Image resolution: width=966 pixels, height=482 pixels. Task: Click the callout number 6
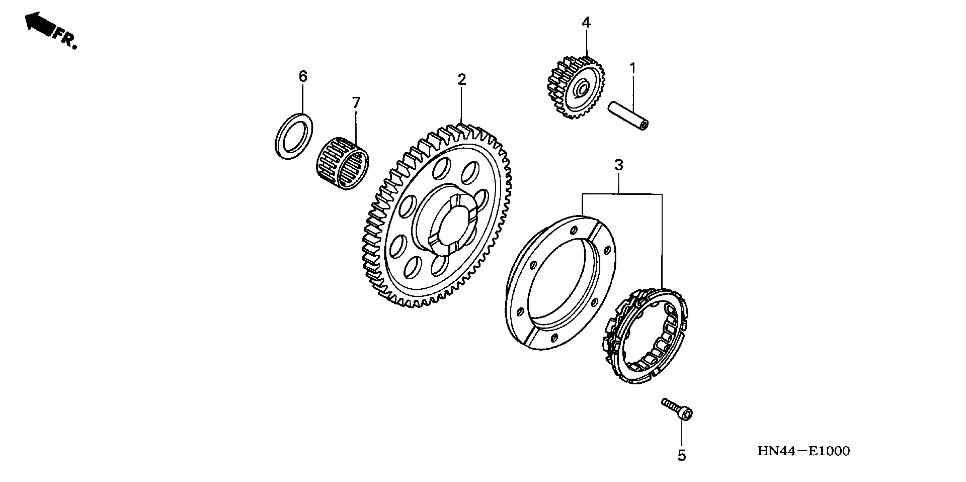303,77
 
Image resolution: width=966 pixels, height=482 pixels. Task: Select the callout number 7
355,103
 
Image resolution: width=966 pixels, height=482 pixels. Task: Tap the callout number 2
462,79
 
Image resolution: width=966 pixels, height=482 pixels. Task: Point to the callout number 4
586,23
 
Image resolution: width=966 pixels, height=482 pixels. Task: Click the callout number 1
633,69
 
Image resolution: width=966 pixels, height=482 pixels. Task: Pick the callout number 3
619,165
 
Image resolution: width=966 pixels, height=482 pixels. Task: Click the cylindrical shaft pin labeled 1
628,115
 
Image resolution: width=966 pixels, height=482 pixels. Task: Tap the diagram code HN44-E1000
803,451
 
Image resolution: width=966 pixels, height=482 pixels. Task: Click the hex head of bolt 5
687,414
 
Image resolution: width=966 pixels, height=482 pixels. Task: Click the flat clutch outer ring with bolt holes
561,283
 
